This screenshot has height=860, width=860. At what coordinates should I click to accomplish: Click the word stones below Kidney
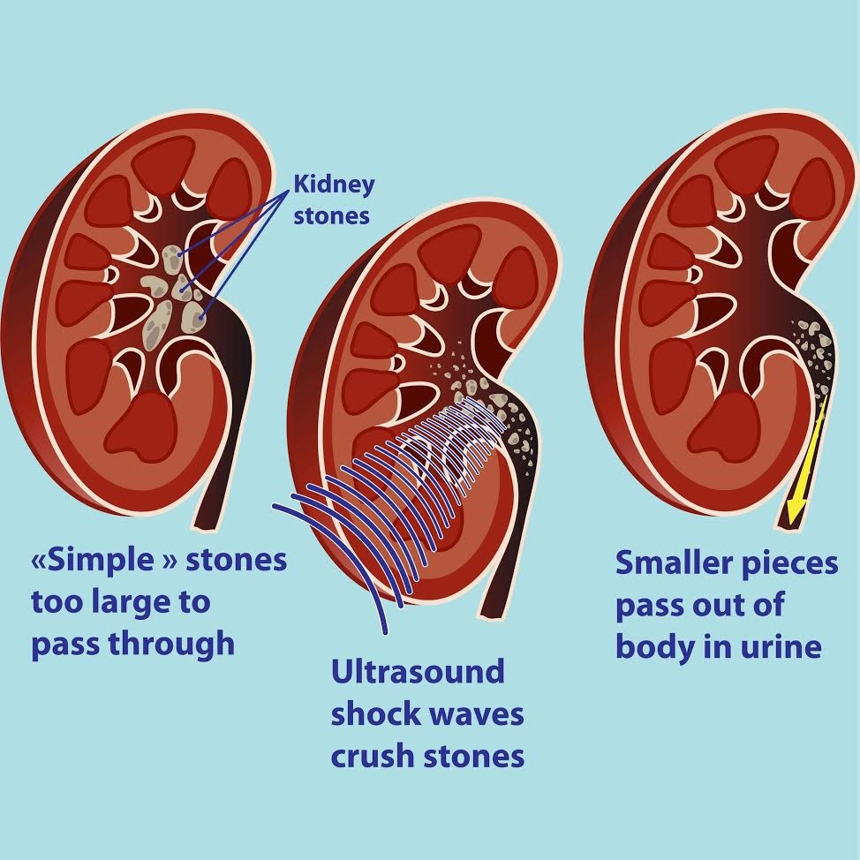point(331,215)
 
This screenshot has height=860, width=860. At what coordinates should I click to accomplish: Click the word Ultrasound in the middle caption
point(418,671)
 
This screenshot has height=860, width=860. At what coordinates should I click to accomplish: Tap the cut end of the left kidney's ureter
point(204,529)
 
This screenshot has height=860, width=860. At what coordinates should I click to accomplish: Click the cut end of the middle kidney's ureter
point(492,616)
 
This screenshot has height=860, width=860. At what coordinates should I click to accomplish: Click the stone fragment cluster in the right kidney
point(814,351)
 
